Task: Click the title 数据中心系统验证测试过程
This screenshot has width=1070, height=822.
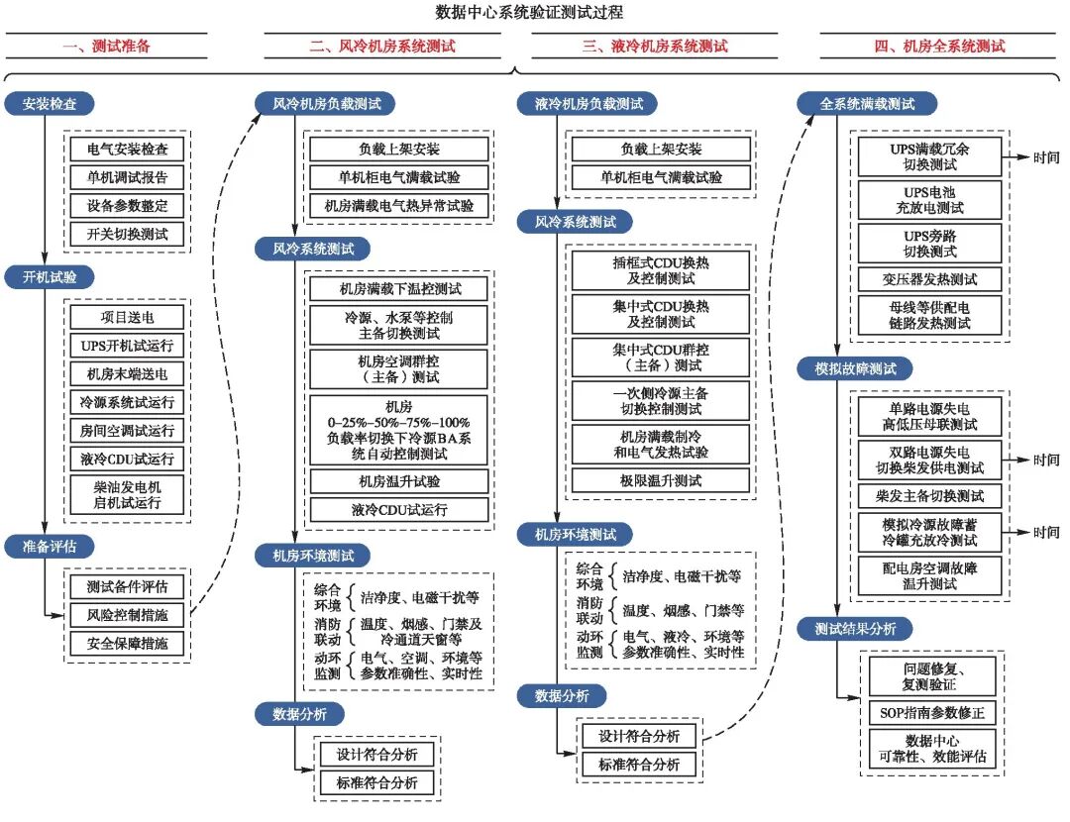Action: [x=535, y=13]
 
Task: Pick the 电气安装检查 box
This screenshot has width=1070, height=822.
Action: [x=127, y=150]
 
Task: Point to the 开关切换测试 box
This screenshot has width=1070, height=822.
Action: [x=127, y=234]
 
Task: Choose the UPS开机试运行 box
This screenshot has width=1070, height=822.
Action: [x=127, y=346]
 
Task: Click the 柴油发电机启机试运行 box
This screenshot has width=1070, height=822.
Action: [x=127, y=494]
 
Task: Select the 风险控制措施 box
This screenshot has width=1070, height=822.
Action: [x=127, y=614]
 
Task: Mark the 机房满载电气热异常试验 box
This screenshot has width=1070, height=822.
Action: [x=399, y=206]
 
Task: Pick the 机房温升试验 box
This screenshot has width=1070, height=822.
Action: [x=399, y=481]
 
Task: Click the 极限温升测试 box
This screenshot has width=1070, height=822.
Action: [x=661, y=480]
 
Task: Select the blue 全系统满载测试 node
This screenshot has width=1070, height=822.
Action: [x=868, y=103]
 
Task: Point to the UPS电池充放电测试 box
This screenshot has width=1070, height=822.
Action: [x=928, y=200]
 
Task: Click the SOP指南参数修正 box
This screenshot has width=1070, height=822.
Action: [x=928, y=713]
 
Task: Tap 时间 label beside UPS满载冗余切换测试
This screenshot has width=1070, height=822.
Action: [x=1045, y=156]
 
